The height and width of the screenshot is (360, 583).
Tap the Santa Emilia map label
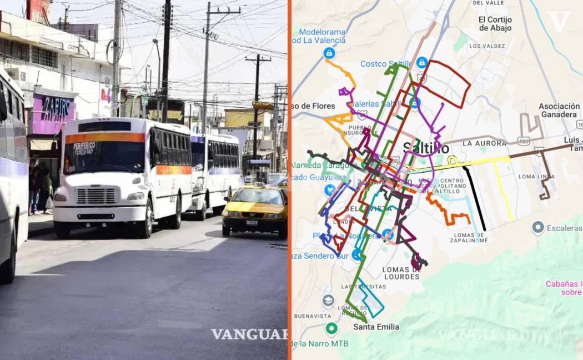(376, 327)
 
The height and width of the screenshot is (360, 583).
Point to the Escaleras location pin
(537, 227)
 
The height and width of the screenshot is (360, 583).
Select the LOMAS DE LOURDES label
(401, 273)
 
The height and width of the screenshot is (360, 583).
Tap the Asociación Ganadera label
(559, 110)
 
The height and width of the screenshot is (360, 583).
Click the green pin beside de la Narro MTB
(331, 329)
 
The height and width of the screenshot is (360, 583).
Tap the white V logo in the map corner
(558, 21)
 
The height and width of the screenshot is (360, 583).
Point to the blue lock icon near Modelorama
(329, 53)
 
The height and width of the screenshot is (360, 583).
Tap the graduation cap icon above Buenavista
(328, 301)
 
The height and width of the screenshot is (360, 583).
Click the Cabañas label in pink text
(564, 288)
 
